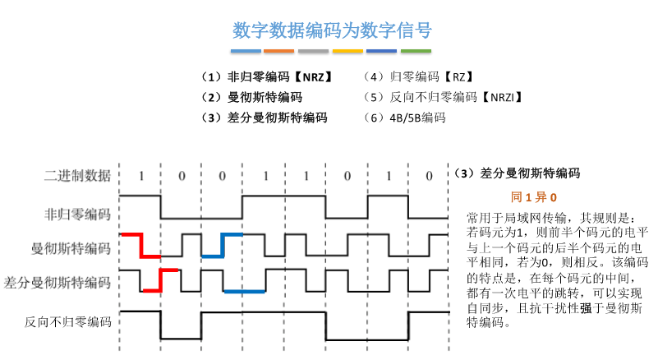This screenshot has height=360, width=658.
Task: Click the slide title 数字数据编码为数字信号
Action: tap(331, 30)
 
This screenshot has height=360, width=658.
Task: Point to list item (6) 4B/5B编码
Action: tap(406, 118)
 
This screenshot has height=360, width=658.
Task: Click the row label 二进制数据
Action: tap(77, 175)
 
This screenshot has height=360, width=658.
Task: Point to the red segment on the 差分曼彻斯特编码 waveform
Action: tap(160, 279)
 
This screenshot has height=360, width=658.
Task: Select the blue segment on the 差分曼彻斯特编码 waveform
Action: tap(244, 291)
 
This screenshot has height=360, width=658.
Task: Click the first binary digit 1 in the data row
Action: tap(140, 175)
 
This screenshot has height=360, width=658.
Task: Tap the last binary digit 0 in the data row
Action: tap(429, 175)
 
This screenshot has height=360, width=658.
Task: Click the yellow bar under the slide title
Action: tap(347, 51)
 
